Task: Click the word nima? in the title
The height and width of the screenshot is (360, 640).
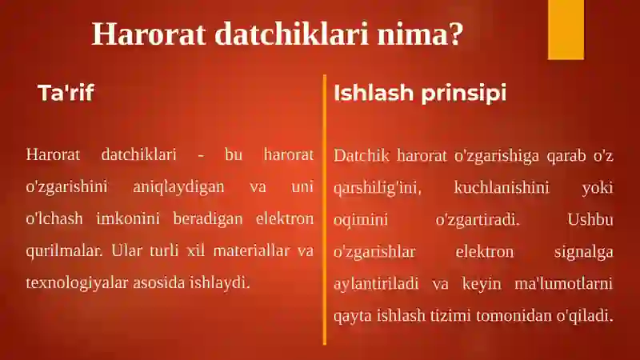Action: tap(420, 34)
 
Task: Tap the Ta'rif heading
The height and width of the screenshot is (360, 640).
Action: tap(66, 93)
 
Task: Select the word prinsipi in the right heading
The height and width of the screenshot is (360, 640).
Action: tap(464, 93)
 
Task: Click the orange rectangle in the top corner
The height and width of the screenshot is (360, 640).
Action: tap(566, 30)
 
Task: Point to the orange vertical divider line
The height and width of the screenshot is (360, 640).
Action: tap(325, 210)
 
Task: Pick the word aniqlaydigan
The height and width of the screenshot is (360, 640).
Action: tap(178, 187)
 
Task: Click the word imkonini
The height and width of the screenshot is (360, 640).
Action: tap(128, 218)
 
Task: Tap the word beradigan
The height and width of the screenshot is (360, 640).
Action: tap(208, 218)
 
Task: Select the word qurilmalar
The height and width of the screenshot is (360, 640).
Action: tap(64, 250)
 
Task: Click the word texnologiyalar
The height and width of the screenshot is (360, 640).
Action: tap(77, 282)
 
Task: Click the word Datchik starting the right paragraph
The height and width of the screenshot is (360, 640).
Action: tap(362, 155)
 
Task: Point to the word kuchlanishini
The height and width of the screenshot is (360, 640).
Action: tap(502, 187)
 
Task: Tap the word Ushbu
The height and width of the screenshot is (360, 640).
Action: tap(590, 219)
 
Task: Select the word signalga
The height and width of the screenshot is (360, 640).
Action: tap(584, 252)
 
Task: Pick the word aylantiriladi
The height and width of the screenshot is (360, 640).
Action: tap(376, 284)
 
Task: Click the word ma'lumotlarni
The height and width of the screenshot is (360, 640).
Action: tap(564, 283)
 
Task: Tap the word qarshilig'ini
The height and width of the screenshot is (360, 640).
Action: tap(377, 188)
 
